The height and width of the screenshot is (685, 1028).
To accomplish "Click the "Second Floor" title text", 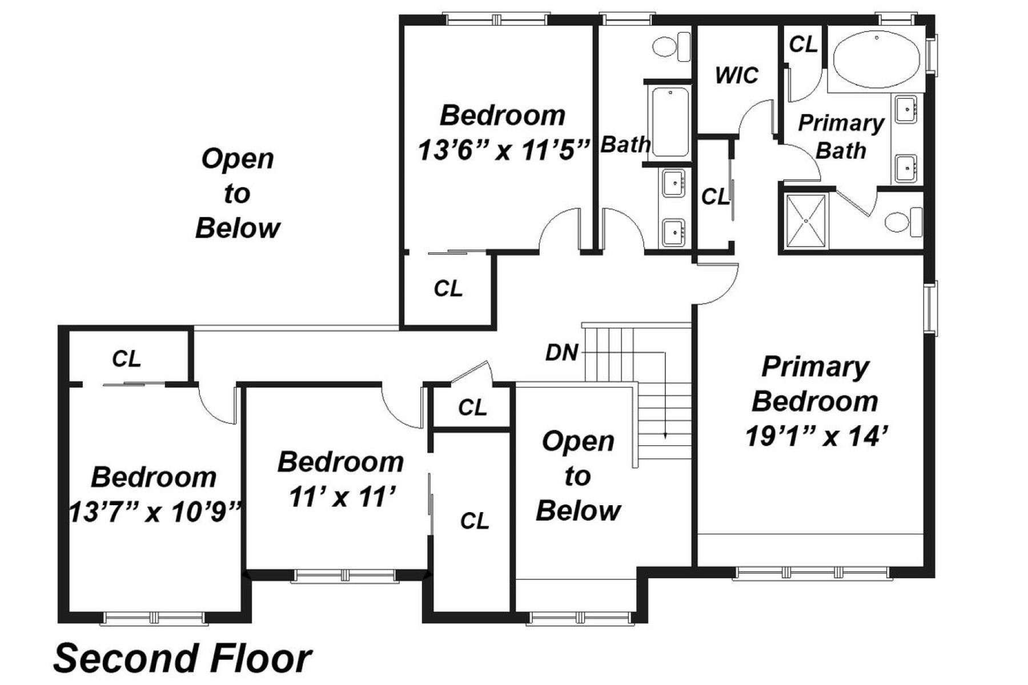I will pos(183,658).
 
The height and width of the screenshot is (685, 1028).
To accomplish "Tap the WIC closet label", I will pos(736,75).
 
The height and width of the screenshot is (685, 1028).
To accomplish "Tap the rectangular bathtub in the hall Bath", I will pos(669,122).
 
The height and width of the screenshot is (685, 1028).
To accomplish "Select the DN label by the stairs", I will pos(561,353).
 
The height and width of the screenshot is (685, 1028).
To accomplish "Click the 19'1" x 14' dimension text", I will pos(816,437).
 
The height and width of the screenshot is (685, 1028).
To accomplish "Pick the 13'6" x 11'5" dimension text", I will pos(503,151).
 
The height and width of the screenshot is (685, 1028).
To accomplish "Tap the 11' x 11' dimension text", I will pos(341,497).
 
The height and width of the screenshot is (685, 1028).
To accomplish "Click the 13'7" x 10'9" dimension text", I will pos(154,512).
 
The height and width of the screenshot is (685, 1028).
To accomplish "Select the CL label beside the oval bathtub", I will pos(803,44).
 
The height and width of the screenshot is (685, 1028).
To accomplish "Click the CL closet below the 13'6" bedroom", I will pos(448,289).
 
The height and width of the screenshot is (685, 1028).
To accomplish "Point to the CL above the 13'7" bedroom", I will pos(126,359).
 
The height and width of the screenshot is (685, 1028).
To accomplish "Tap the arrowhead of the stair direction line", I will pos(665,436).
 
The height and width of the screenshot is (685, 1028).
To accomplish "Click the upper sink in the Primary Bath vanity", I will pos(906,109).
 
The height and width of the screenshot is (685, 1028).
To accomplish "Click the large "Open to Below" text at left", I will pos(237,193).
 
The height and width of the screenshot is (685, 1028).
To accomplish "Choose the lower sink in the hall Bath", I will pos(674,231).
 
